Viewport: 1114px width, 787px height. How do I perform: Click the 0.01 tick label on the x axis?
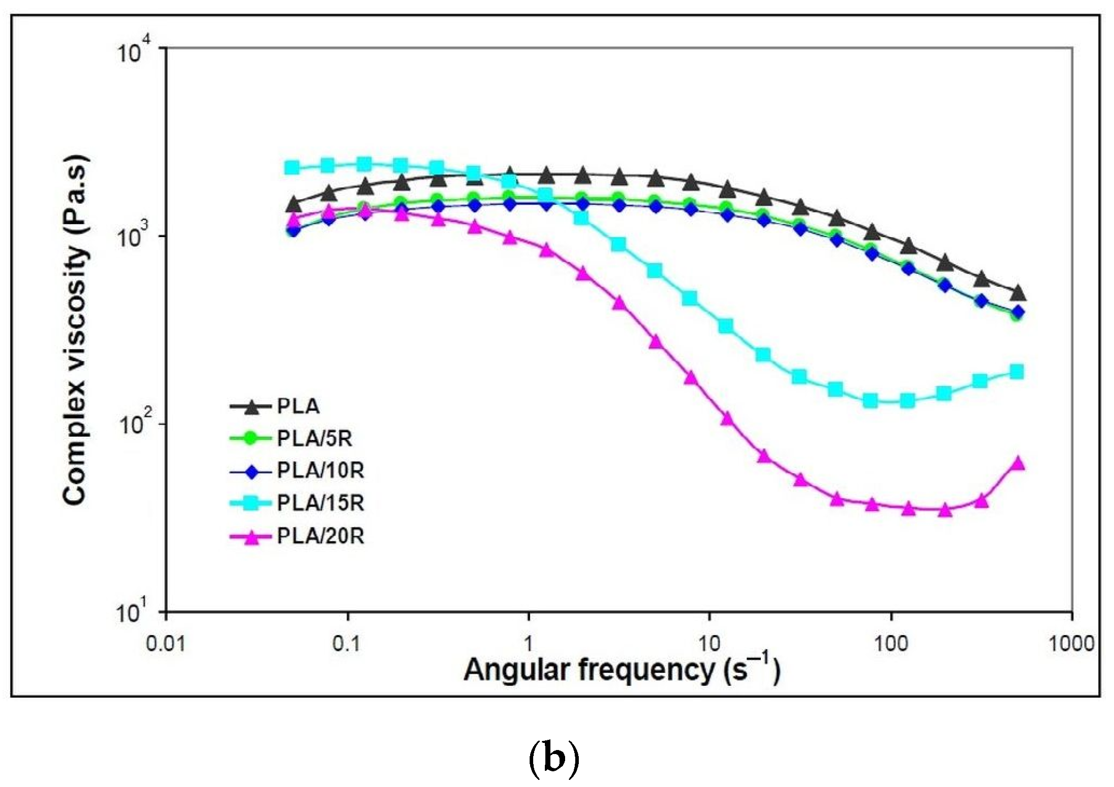(x=166, y=644)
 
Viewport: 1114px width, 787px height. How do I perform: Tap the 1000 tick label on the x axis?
(x=1070, y=644)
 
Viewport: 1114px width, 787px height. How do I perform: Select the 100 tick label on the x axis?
(x=890, y=644)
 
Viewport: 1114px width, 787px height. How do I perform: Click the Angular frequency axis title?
(x=622, y=670)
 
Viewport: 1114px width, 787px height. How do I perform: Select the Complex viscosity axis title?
(x=76, y=329)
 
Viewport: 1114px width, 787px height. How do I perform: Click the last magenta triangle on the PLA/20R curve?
(x=1018, y=463)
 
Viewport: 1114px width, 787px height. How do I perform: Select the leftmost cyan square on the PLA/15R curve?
(x=292, y=167)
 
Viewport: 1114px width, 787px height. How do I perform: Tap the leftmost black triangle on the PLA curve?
(x=293, y=205)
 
